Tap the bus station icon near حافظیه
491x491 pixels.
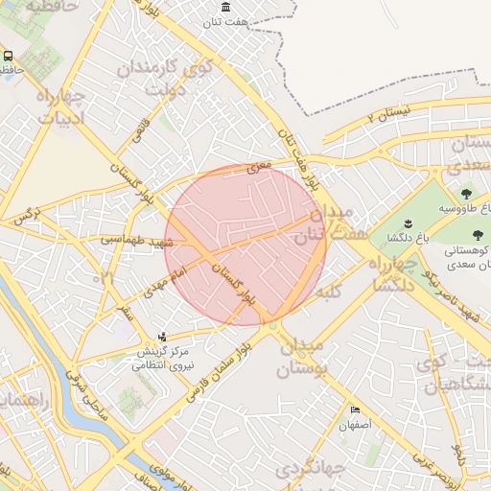(x=8, y=57)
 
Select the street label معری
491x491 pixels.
(x=260, y=166)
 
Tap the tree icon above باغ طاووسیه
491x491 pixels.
(x=466, y=194)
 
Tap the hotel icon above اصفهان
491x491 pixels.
(x=356, y=409)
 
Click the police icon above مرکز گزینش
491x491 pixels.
(x=161, y=337)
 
